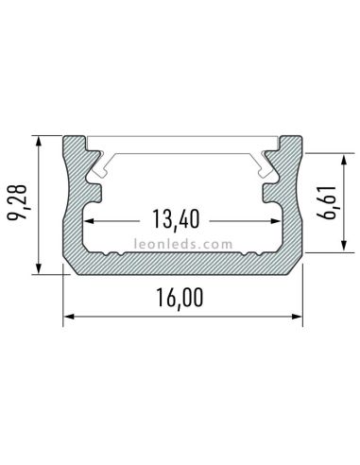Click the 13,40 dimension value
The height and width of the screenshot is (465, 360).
click(x=175, y=220)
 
